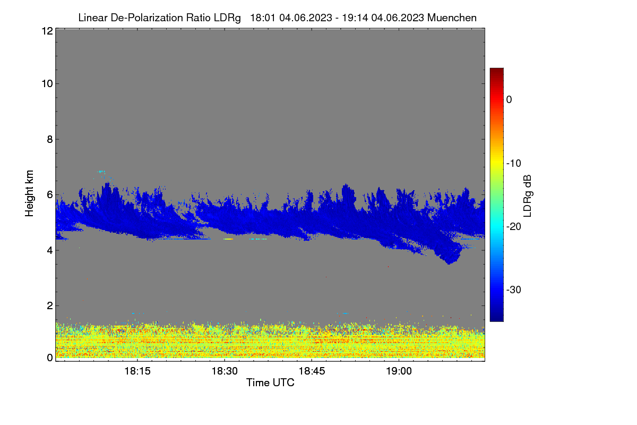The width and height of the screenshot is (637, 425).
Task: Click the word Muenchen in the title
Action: [x=452, y=18]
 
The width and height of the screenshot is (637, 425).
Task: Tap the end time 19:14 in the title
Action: [x=355, y=18]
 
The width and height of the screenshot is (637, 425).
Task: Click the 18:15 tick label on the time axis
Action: [x=137, y=371]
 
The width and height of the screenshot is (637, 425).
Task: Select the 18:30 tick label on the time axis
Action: [x=225, y=371]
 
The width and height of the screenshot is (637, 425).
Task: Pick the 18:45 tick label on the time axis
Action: [x=312, y=371]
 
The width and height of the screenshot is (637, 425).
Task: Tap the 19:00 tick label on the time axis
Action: [x=399, y=371]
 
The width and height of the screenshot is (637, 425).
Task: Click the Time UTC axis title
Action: [x=270, y=382]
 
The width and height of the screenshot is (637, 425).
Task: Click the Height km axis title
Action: [x=29, y=193]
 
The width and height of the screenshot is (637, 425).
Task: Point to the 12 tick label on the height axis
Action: [x=47, y=31]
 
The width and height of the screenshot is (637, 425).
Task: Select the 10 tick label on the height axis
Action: [x=47, y=84]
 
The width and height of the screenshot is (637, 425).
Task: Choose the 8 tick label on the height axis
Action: [x=50, y=139]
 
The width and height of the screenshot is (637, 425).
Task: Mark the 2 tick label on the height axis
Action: [x=50, y=305]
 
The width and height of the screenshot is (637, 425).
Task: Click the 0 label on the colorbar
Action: [x=509, y=100]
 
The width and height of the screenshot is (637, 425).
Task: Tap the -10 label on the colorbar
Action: [x=514, y=164]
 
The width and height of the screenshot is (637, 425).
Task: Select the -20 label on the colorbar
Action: [x=514, y=227]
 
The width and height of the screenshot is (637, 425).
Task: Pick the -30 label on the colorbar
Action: [x=514, y=290]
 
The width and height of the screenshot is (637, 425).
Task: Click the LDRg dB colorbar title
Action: [x=528, y=196]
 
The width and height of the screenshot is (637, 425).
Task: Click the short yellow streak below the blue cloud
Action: [x=228, y=239]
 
